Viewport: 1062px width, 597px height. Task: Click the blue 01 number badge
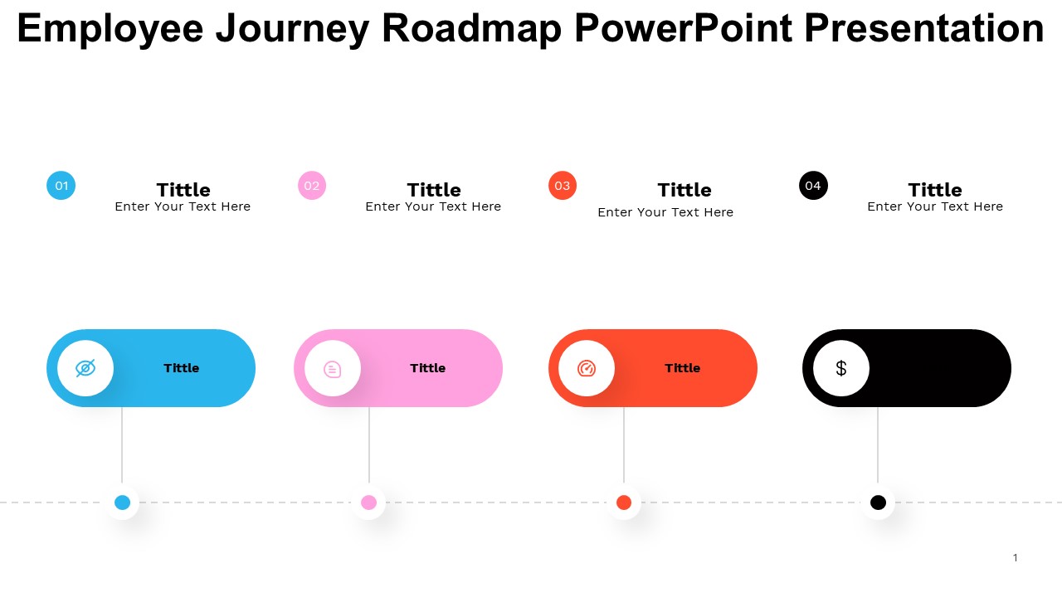61,185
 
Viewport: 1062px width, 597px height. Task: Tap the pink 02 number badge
312,185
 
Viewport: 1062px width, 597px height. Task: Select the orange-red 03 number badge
563,185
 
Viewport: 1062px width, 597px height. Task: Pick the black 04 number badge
813,185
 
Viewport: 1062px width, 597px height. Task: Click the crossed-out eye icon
85,368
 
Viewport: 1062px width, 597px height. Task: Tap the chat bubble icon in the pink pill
333,369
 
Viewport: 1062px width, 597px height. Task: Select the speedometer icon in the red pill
587,368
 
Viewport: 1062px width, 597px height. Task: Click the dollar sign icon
841,368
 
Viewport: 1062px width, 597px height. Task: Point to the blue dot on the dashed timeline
122,502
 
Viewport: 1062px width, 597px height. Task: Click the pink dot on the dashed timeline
369,502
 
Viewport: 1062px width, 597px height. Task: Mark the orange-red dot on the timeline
624,502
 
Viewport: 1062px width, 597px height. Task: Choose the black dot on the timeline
878,502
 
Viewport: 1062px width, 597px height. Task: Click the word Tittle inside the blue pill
182,368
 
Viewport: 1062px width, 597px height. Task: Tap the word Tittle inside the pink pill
428,368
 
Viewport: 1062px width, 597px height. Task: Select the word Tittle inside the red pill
683,368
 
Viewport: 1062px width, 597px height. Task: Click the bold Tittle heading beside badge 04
935,190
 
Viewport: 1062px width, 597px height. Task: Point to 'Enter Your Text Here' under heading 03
665,212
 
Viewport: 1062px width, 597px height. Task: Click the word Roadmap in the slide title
472,28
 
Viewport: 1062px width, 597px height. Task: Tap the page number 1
1015,558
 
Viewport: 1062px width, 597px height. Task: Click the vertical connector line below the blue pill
122,445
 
